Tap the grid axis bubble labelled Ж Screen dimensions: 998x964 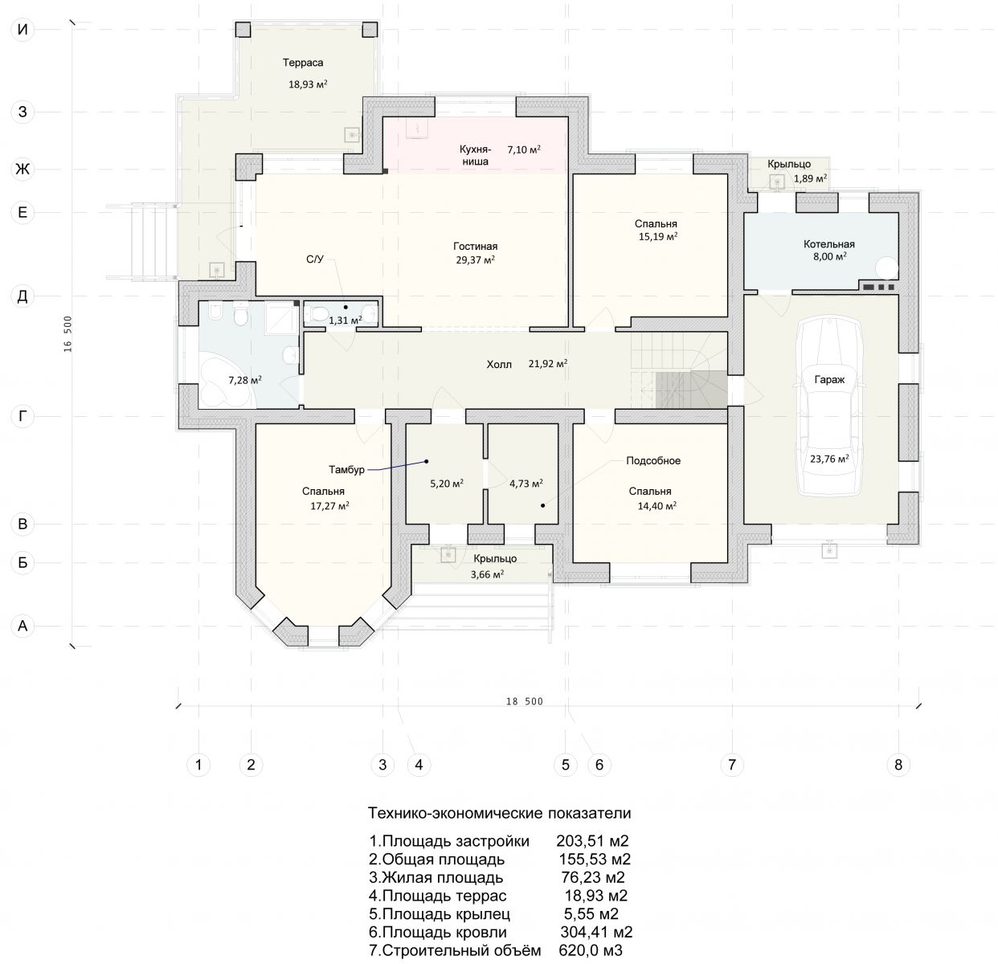(22, 170)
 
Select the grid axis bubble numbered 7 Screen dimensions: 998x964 (732, 765)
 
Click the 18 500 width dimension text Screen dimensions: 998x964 (524, 701)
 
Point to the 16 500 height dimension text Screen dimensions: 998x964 (67, 333)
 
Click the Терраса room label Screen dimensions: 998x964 (303, 63)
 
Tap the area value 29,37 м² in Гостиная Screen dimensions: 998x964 (476, 259)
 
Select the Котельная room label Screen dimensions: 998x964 (828, 244)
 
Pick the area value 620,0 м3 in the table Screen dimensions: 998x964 (591, 950)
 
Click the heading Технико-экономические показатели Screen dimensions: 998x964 (500, 813)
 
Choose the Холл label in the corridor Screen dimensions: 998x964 (499, 365)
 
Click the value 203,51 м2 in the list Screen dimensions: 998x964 (592, 841)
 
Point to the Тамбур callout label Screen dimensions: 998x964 (346, 469)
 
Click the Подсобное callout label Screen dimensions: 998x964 (652, 460)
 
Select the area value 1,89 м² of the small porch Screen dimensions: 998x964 (810, 178)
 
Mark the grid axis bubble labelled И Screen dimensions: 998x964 (22, 30)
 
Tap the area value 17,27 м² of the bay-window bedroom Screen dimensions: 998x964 (329, 505)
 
